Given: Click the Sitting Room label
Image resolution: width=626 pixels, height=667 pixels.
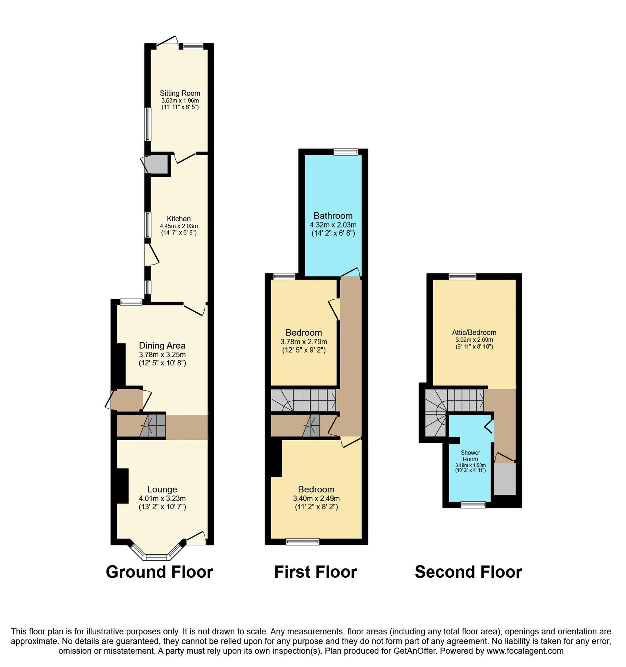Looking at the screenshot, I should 180,93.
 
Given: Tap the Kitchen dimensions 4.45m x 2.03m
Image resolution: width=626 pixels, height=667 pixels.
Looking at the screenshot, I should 179,226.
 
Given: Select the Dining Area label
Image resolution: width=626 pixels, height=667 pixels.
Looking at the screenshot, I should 162,345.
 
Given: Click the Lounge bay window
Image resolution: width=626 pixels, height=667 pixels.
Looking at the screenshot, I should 157,557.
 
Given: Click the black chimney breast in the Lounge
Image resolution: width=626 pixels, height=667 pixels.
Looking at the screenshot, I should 122,486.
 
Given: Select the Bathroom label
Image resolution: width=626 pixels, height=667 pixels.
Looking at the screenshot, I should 333,216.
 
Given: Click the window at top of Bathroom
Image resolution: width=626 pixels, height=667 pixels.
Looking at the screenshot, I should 345,152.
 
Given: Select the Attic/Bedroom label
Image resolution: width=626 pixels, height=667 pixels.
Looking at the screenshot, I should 474,332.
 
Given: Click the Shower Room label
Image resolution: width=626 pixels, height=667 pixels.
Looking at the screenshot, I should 470,456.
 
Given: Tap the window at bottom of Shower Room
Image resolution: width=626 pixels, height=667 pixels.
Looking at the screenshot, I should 473,505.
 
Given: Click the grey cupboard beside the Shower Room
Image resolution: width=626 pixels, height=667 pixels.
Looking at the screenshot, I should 505,479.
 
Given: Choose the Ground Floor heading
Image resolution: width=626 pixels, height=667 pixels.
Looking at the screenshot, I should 159,572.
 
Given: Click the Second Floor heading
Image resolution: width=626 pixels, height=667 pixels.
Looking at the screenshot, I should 468,572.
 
